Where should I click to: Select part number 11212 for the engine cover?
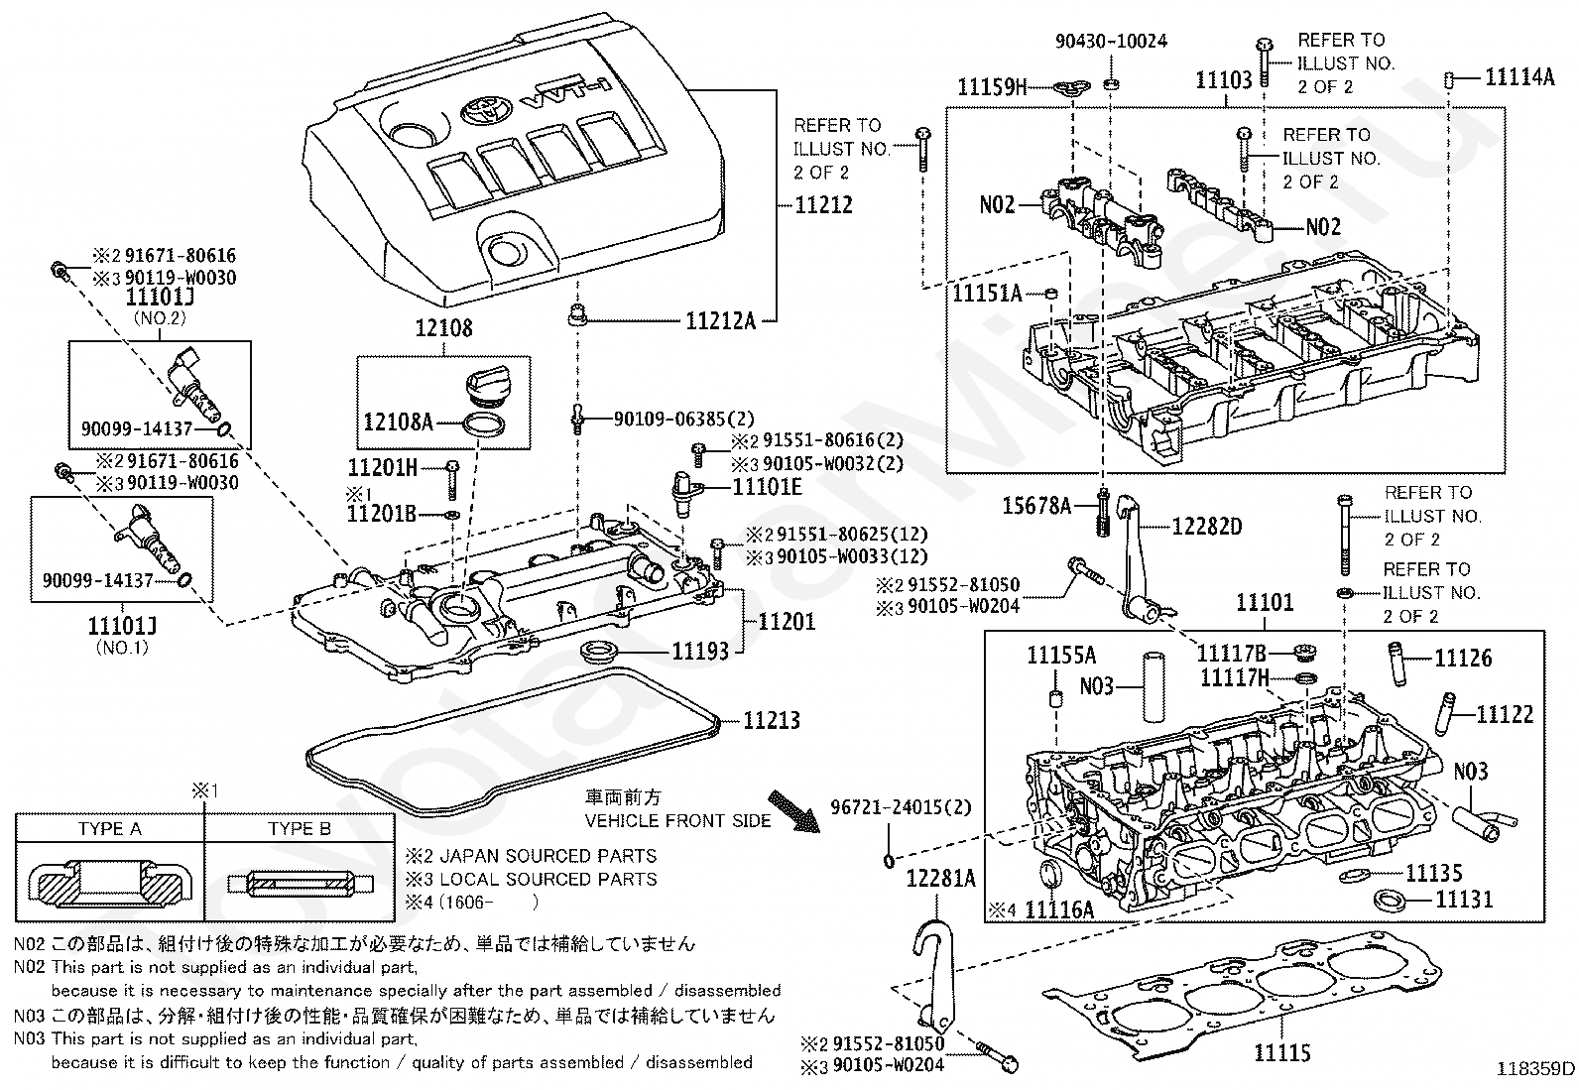(823, 205)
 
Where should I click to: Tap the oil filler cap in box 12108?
(488, 389)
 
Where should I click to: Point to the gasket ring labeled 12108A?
(484, 425)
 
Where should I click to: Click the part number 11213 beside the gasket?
(772, 721)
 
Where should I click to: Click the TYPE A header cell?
(110, 828)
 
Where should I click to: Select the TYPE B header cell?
(299, 828)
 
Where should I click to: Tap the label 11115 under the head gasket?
(1282, 1052)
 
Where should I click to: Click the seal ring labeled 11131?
(1389, 901)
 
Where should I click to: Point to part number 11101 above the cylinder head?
(1266, 603)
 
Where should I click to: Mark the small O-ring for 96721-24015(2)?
(889, 860)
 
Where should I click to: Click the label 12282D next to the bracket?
(1207, 527)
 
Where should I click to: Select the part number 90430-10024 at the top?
(1111, 41)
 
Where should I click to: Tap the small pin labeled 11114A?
(1448, 79)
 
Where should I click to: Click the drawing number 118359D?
(1534, 1069)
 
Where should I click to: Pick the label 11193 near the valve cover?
(700, 651)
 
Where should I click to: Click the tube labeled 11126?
(1397, 663)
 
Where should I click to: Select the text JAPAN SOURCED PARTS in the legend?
(547, 856)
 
